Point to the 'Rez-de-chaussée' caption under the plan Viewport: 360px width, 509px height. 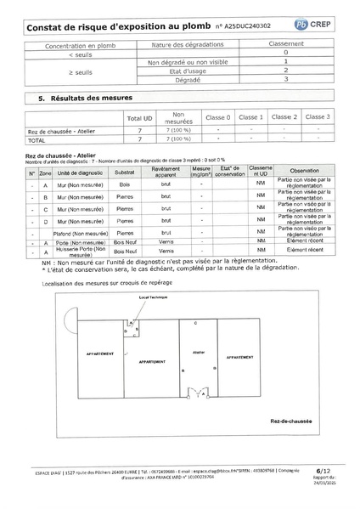[292, 421]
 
